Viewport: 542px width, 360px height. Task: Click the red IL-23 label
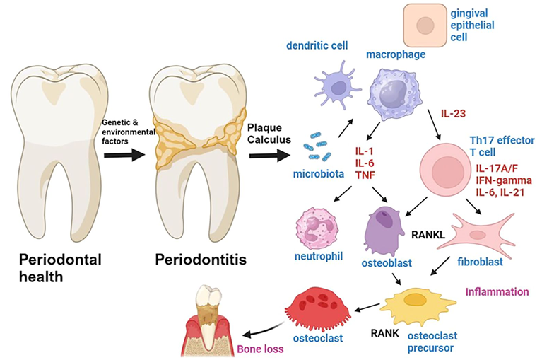click(454, 113)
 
